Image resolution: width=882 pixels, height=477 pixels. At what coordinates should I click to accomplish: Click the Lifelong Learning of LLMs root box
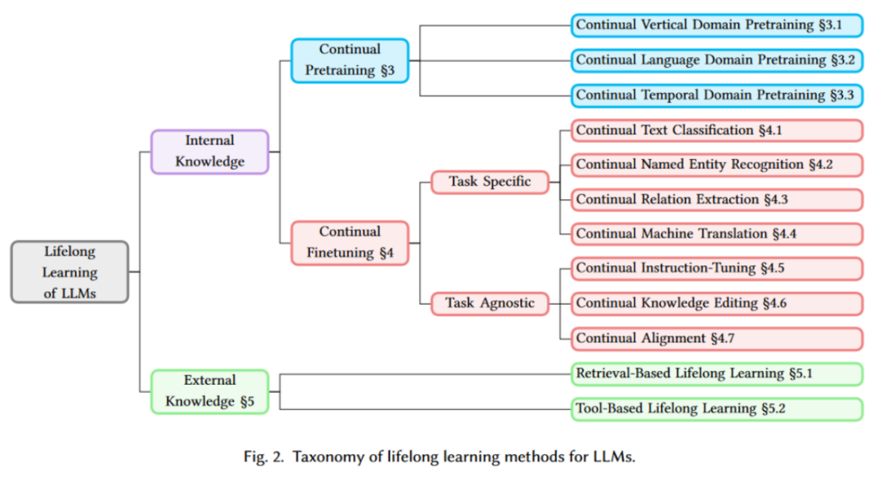pos(70,272)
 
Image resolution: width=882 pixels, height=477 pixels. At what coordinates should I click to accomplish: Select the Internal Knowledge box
pos(209,151)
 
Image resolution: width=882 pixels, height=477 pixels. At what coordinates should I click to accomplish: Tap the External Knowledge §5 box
pos(209,390)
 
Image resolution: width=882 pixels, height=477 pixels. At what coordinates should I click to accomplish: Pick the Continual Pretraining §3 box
pos(350,60)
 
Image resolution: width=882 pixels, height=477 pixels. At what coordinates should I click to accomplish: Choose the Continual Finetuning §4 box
pos(350,243)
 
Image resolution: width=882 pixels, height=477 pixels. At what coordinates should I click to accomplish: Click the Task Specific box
pos(490,181)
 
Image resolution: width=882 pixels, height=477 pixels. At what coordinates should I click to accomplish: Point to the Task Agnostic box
pos(490,303)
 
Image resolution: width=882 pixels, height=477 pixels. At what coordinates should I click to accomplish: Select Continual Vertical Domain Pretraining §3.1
pos(716,25)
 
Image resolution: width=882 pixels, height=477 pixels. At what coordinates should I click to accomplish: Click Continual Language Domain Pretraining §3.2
pos(716,60)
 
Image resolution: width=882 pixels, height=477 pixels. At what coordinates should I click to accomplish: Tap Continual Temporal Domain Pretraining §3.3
pos(716,95)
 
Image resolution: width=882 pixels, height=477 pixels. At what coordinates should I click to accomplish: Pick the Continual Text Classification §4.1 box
pos(716,130)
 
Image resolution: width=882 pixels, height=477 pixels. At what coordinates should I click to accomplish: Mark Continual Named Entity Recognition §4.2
pos(716,164)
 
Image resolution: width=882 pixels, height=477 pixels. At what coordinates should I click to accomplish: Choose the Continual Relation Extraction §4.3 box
pos(716,199)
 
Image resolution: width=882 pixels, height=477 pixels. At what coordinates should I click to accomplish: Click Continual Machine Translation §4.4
pos(716,234)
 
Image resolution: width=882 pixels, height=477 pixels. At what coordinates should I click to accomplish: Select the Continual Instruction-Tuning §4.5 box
pos(716,268)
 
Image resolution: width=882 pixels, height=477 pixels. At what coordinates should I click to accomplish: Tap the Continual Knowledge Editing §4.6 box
pos(716,303)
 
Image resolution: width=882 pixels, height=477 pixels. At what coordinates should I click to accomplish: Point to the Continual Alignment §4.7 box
pos(716,338)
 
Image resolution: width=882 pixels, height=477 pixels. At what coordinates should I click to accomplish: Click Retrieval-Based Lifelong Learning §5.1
pos(716,374)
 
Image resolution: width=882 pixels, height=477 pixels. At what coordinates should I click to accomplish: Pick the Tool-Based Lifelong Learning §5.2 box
pos(716,408)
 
